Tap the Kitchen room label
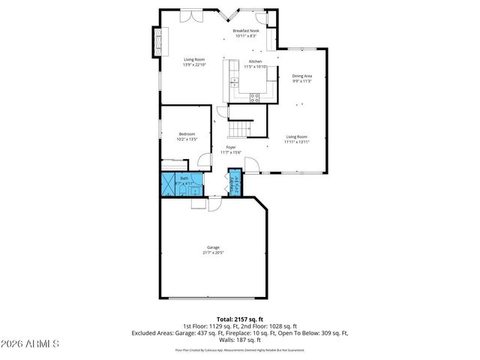[x=256, y=61]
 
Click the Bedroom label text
[x=187, y=133]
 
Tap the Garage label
[x=213, y=247]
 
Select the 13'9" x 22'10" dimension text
[x=194, y=64]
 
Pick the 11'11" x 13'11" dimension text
[x=297, y=142]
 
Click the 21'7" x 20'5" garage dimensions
[x=213, y=253]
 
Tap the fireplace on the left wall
[x=157, y=42]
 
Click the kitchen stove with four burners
[x=254, y=95]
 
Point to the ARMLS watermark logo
[x=30, y=344]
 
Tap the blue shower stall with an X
[x=167, y=184]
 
